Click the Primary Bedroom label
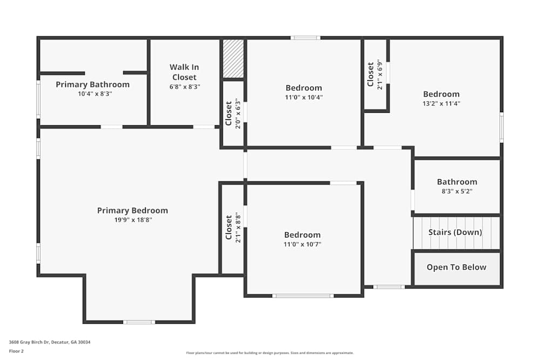[132, 210]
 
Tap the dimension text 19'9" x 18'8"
[132, 220]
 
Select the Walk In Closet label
[184, 72]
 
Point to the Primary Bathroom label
[92, 84]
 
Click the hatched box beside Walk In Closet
[233, 59]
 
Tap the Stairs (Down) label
[455, 233]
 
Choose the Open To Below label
[456, 267]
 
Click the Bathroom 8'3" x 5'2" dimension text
[457, 191]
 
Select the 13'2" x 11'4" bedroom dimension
[441, 104]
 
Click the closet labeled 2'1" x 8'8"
[233, 228]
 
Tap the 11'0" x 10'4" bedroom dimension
[303, 97]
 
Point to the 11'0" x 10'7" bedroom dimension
[302, 244]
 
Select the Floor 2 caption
[16, 351]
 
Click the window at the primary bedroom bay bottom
[139, 322]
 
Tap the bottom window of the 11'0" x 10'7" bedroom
[302, 296]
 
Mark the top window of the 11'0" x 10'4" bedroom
[305, 38]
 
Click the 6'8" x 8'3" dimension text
[184, 86]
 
